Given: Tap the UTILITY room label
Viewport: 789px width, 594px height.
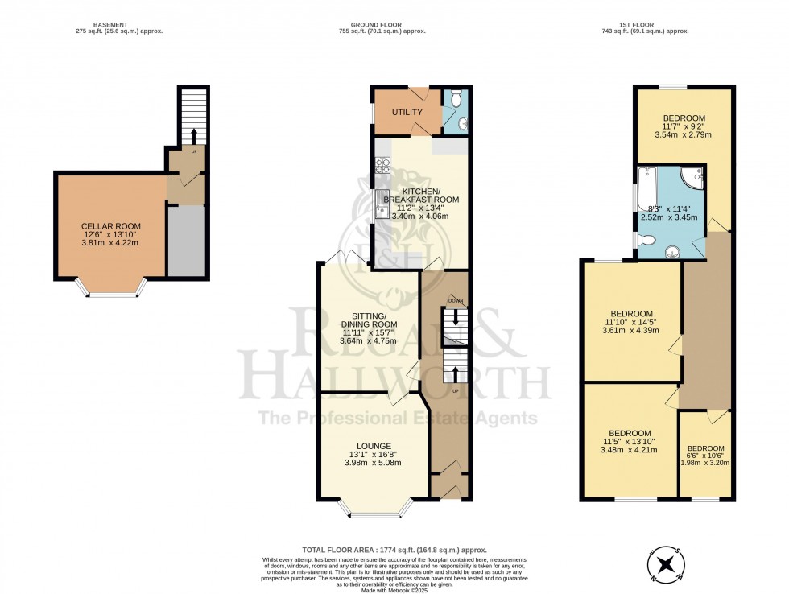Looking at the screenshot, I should (x=407, y=112).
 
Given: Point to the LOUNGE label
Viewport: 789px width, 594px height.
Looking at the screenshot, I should (x=374, y=446).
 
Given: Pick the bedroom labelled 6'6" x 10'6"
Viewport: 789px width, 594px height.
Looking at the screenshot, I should (x=705, y=448).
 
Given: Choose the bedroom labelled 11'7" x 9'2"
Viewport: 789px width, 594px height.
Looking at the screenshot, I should (x=684, y=118).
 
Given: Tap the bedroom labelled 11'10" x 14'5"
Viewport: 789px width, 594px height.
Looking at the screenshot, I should (x=630, y=314).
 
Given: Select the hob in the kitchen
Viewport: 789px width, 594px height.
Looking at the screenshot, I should (x=381, y=167).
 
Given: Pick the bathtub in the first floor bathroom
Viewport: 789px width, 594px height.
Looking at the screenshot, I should (x=647, y=188).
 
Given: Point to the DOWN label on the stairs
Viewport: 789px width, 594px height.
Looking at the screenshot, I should (x=456, y=300).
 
